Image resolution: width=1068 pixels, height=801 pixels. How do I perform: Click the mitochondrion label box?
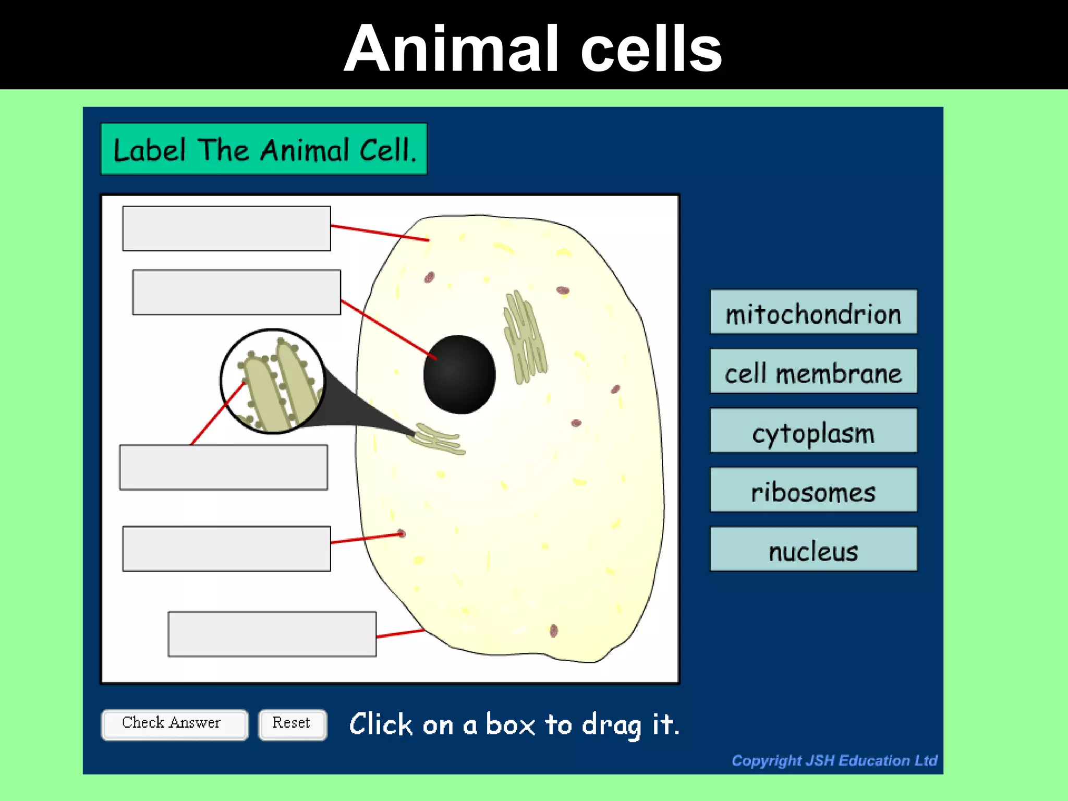813,312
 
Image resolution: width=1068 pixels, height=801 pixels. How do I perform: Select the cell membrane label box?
813,371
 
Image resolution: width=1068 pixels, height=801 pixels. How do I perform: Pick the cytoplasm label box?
813,431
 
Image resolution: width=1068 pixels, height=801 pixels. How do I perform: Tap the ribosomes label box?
813,490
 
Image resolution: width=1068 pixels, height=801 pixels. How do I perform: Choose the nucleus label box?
813,549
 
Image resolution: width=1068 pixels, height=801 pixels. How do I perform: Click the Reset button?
292,724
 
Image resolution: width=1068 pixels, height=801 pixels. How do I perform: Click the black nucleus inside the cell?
459,374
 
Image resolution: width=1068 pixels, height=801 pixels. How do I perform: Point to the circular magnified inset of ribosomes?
272,381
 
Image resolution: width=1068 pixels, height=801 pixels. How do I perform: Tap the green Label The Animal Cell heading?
264,149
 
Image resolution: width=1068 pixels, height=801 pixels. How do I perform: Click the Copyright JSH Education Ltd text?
834,760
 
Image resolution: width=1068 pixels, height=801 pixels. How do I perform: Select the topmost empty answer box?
226,228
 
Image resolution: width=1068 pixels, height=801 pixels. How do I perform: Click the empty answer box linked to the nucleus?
236,292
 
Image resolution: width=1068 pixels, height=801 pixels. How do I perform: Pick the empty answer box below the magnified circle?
223,467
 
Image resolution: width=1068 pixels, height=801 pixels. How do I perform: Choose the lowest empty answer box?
272,634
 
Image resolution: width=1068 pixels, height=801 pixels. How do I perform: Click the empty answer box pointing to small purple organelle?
226,549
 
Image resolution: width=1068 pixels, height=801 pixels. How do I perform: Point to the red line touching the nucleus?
389,329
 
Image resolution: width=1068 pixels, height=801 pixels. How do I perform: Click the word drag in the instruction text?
611,725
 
